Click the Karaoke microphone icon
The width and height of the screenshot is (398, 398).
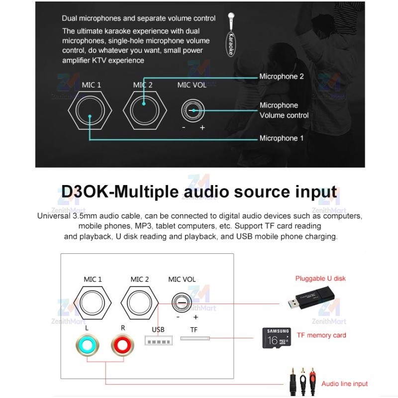(x=231, y=34)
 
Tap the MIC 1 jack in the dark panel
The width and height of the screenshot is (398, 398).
(x=90, y=110)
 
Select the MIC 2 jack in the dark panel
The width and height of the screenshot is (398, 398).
(x=145, y=110)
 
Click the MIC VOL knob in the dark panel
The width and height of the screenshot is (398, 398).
(x=193, y=110)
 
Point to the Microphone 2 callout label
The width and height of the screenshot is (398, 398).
(x=281, y=77)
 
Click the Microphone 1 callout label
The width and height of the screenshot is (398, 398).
(x=281, y=138)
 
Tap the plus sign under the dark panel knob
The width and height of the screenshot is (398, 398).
(x=202, y=127)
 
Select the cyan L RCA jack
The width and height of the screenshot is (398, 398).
(x=88, y=345)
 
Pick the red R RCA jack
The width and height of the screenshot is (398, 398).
(x=122, y=345)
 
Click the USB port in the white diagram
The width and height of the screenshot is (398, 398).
(x=159, y=340)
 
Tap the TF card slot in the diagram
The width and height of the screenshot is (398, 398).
(x=195, y=338)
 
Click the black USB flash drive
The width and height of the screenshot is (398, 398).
(x=311, y=298)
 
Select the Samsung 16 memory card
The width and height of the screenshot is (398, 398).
(x=277, y=338)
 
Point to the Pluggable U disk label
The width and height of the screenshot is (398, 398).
(x=320, y=279)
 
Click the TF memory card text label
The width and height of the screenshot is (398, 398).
(x=321, y=335)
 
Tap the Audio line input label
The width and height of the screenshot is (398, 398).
(x=344, y=384)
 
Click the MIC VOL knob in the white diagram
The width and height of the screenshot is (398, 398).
(x=182, y=302)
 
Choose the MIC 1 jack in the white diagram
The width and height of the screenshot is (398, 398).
(x=92, y=303)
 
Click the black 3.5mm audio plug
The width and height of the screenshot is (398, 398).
(x=293, y=382)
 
